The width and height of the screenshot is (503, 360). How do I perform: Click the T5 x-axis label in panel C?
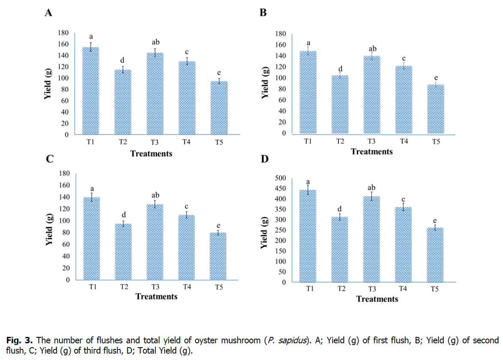click(x=219, y=287)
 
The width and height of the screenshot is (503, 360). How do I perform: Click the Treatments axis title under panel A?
click(x=151, y=153)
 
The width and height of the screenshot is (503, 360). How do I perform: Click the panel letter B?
click(x=263, y=13)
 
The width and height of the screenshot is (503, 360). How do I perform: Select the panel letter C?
click(x=49, y=160)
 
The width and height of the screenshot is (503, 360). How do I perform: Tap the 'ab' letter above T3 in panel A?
click(x=156, y=42)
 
